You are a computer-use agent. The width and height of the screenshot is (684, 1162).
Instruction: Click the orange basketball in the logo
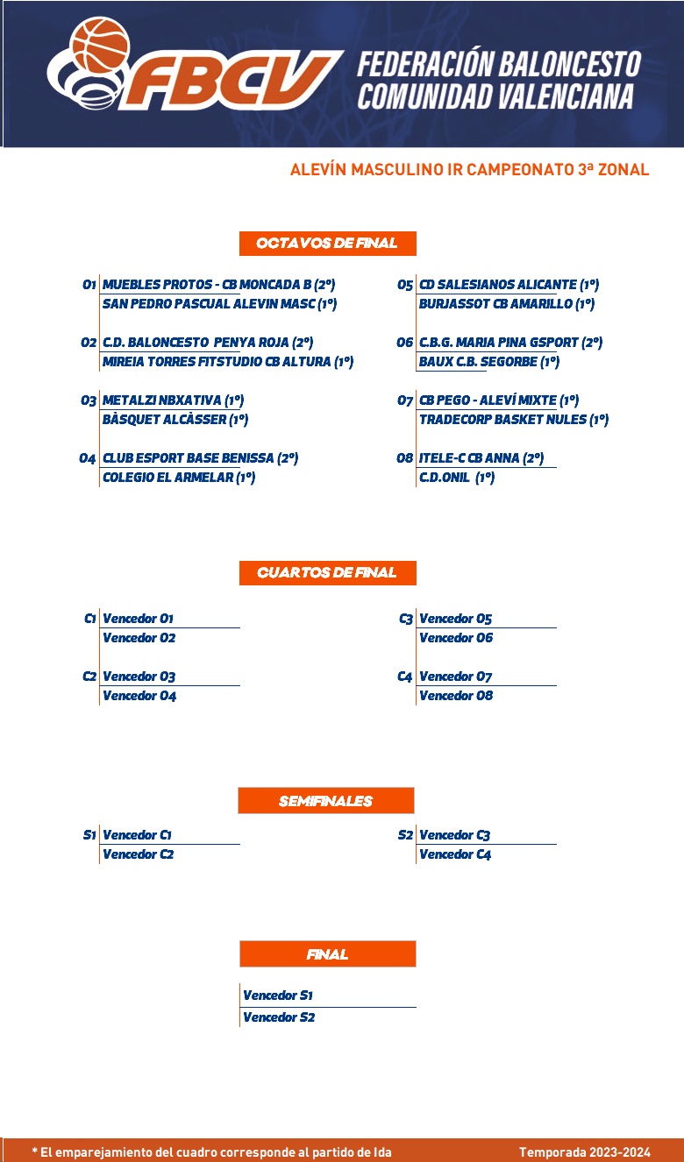tap(100, 46)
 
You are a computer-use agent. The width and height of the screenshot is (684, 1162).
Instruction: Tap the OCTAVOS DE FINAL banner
tap(327, 244)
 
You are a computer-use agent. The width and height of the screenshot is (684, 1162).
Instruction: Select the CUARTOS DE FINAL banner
tap(327, 573)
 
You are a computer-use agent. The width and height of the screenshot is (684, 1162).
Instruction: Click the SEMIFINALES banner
tap(326, 800)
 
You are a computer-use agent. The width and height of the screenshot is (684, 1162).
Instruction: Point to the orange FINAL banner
tap(327, 954)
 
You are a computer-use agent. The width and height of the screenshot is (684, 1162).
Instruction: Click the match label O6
tap(405, 343)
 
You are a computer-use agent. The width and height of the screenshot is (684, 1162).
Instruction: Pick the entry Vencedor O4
tap(139, 696)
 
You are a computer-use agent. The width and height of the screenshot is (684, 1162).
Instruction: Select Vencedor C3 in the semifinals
tap(454, 834)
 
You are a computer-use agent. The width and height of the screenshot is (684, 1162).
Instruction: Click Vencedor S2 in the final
tap(279, 1017)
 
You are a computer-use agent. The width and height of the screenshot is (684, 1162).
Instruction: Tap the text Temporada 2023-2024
tap(585, 1152)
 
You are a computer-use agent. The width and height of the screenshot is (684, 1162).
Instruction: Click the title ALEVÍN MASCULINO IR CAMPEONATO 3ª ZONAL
tap(470, 170)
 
